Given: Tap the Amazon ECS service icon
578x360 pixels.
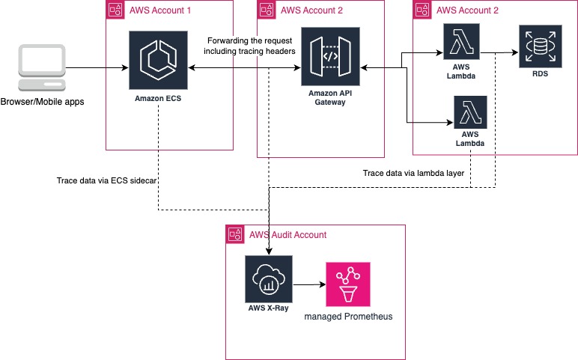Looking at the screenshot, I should tap(159, 59).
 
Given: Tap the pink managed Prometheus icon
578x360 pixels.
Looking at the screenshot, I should tap(347, 284).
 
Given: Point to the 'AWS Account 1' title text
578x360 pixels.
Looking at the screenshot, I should tap(161, 10).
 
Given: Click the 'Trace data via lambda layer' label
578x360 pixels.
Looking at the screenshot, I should tap(414, 173).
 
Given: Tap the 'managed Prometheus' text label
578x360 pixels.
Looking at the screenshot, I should tap(348, 317).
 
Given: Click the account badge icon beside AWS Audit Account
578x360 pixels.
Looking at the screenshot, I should tap(235, 234).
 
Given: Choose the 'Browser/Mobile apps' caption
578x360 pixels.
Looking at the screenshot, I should tap(43, 102).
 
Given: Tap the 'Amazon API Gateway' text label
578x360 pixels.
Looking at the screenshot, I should tap(330, 97).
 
